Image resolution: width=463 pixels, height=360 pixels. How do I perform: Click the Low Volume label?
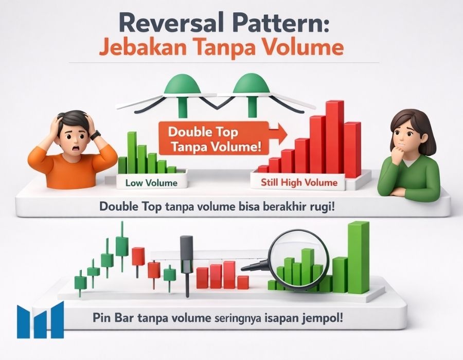[151, 183]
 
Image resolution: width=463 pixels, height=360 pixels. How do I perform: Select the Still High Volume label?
[299, 183]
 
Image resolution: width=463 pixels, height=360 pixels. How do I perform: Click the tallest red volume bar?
[335, 137]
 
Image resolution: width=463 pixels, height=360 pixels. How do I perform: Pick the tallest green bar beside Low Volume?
[132, 153]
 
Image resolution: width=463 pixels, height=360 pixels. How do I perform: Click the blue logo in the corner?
[41, 320]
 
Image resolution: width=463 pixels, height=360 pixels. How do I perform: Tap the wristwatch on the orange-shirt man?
[95, 135]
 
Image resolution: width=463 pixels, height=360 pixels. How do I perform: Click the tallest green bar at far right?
[359, 258]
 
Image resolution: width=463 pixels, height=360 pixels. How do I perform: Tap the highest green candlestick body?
[122, 246]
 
